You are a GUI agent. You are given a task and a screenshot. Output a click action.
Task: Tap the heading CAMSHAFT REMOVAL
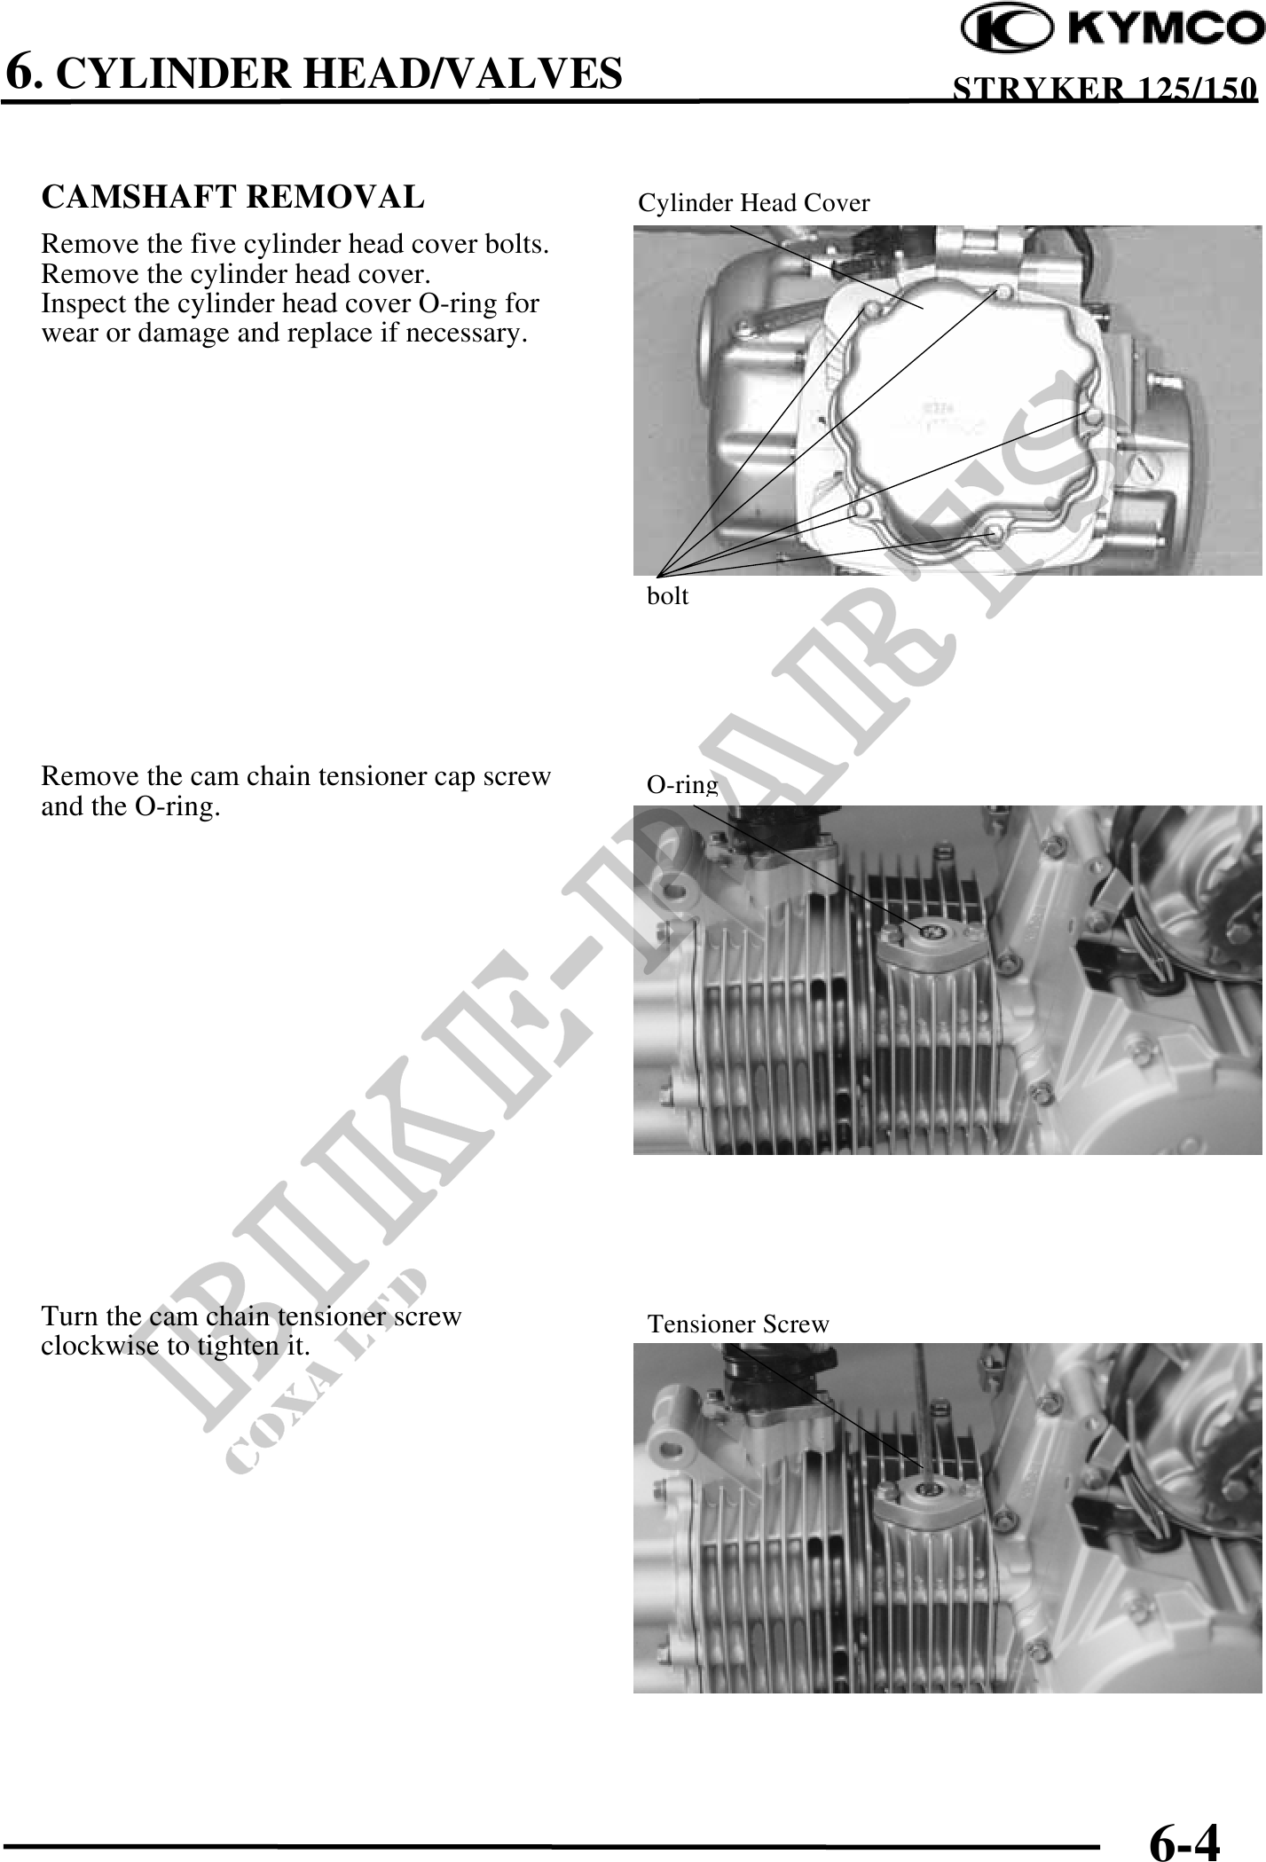tap(233, 197)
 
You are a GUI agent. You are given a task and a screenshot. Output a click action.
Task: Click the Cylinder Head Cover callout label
tap(754, 203)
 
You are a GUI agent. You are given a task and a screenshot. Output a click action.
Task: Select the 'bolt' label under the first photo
tap(667, 596)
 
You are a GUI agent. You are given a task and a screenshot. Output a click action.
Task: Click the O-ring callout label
tap(681, 784)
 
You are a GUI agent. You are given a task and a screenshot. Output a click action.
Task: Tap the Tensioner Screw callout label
tap(738, 1324)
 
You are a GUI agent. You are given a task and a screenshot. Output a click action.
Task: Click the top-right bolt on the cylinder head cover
tap(1003, 291)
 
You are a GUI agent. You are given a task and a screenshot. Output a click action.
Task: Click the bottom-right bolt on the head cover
tap(995, 533)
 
